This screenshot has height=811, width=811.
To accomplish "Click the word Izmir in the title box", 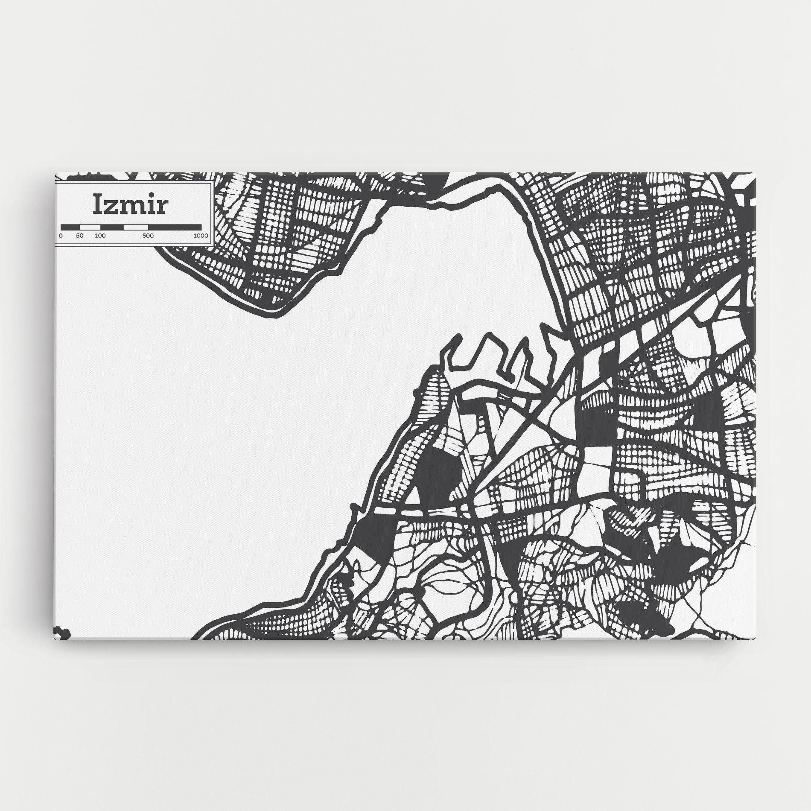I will coord(131,204).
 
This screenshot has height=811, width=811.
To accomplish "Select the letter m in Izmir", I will coord(134,207).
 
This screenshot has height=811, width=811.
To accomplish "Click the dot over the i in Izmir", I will coord(151,197).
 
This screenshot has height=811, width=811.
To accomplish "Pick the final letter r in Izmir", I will coord(163,207).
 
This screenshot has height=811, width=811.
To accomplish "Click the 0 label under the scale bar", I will coord(61,236).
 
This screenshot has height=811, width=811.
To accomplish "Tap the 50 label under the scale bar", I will coord(80,236).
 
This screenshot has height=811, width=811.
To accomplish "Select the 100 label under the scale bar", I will coord(100,236).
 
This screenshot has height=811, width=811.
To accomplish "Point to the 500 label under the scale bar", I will coord(148,236).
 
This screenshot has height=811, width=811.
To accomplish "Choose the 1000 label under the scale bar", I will coord(201,236).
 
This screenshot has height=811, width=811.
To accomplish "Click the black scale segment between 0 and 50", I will coord(70,227).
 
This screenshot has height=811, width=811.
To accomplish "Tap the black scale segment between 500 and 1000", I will coord(175,227).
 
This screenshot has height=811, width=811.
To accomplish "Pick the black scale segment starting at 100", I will coord(112,227).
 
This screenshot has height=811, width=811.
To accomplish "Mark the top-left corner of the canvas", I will coord(55,173).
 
